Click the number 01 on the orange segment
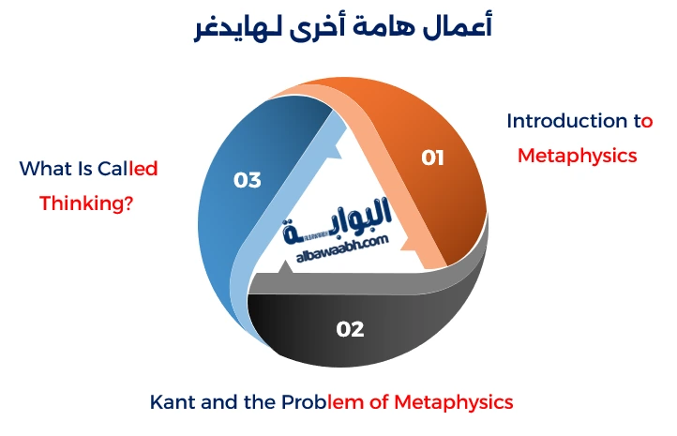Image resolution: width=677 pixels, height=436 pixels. coord(432,158)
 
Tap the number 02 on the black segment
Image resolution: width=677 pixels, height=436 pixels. coord(350,328)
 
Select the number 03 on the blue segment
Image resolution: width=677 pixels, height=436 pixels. coord(248,180)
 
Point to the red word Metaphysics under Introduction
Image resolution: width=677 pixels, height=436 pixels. coord(578,155)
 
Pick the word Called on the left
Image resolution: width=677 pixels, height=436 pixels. coord(128,169)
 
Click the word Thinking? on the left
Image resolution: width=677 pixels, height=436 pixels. coord(85,202)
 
